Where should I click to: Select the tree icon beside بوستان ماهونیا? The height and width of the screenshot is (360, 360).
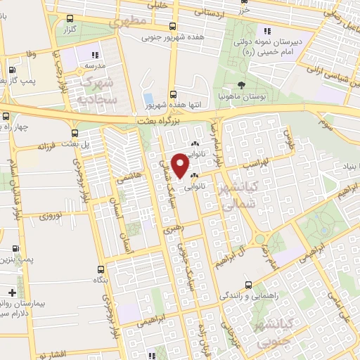(241, 85)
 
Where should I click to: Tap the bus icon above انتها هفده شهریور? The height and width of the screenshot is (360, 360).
(173, 95)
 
